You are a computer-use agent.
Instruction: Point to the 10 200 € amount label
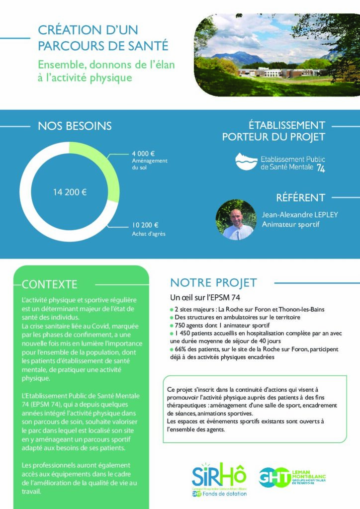pos(145,225)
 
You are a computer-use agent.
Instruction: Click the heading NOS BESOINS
pos(75,126)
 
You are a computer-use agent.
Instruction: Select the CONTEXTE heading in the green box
pos(50,284)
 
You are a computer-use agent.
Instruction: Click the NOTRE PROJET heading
pos(213,283)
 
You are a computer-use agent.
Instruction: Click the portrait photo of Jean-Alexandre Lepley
pos(236,220)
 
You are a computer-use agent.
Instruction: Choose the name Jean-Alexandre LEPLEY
pos(300,215)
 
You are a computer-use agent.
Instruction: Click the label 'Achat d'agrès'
pos(148,233)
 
